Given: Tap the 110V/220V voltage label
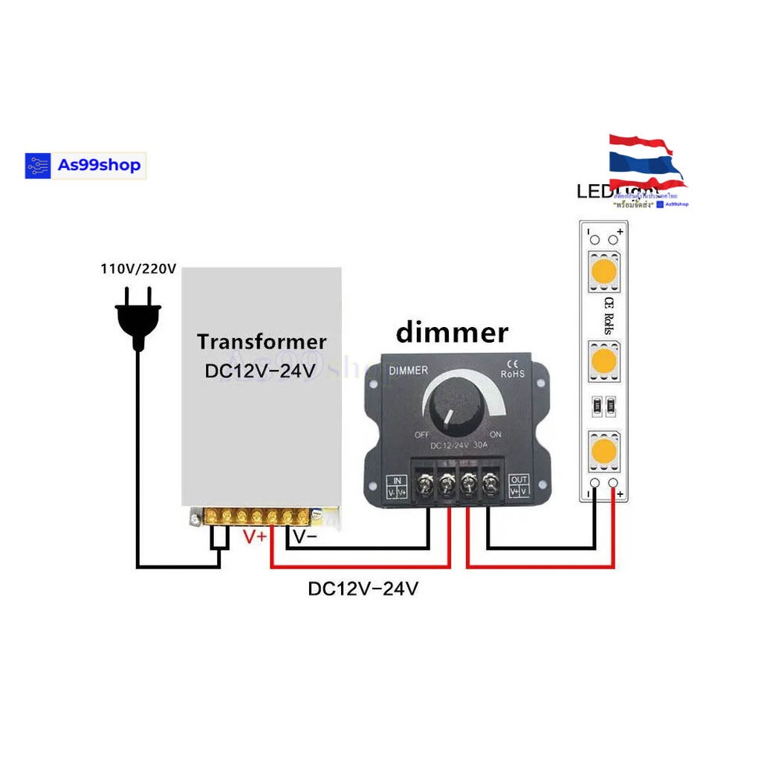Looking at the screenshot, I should [x=138, y=268].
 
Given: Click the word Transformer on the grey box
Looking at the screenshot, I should [x=262, y=342].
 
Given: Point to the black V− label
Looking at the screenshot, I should [x=305, y=537].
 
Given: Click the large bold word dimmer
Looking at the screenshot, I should [x=452, y=332].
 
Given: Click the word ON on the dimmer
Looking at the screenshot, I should [x=496, y=435].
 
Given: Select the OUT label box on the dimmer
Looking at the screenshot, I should [x=519, y=486].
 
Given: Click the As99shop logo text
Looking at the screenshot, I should [x=99, y=165].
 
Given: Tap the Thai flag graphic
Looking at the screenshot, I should [x=644, y=161].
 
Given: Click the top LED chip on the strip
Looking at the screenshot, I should [x=603, y=272].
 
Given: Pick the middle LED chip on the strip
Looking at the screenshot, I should [x=603, y=362].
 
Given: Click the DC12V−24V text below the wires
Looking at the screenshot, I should [x=363, y=589].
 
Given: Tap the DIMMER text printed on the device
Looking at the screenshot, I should [x=409, y=370].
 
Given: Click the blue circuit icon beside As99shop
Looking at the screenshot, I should [x=38, y=166].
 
